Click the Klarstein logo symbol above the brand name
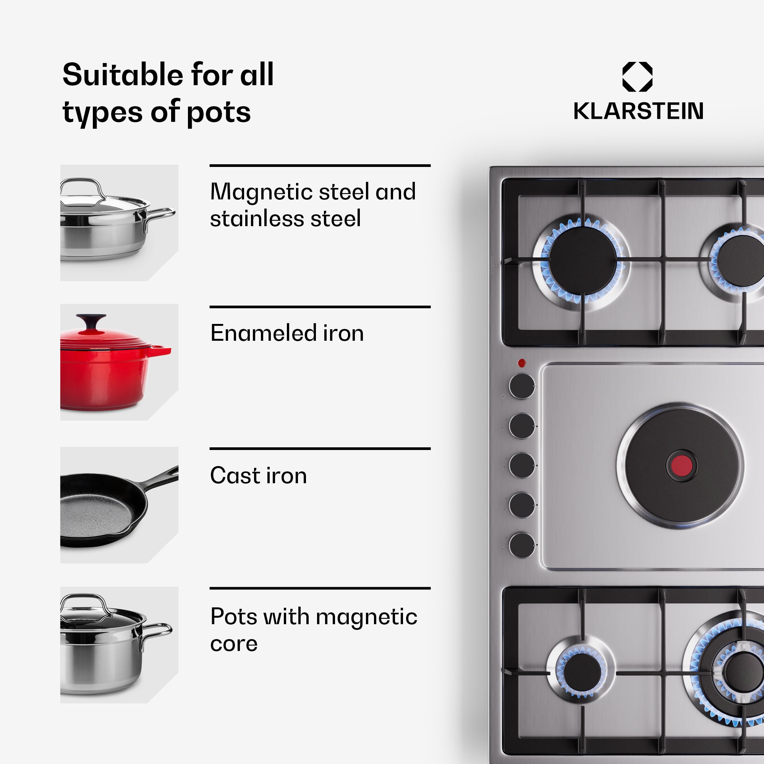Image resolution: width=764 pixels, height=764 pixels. (x=637, y=77)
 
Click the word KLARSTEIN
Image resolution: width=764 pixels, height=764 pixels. (x=638, y=111)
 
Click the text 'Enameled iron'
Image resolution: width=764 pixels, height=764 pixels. (x=287, y=333)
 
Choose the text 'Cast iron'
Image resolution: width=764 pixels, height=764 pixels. (x=258, y=475)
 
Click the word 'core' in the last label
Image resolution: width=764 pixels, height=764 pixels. (x=234, y=644)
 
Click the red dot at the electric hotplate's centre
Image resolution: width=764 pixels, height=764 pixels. (x=681, y=466)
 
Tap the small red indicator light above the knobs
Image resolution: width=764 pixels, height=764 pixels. (x=521, y=363)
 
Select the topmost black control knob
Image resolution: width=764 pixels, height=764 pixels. (x=521, y=386)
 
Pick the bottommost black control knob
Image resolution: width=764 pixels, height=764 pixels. (x=521, y=545)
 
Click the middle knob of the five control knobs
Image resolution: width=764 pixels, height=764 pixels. (x=521, y=465)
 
